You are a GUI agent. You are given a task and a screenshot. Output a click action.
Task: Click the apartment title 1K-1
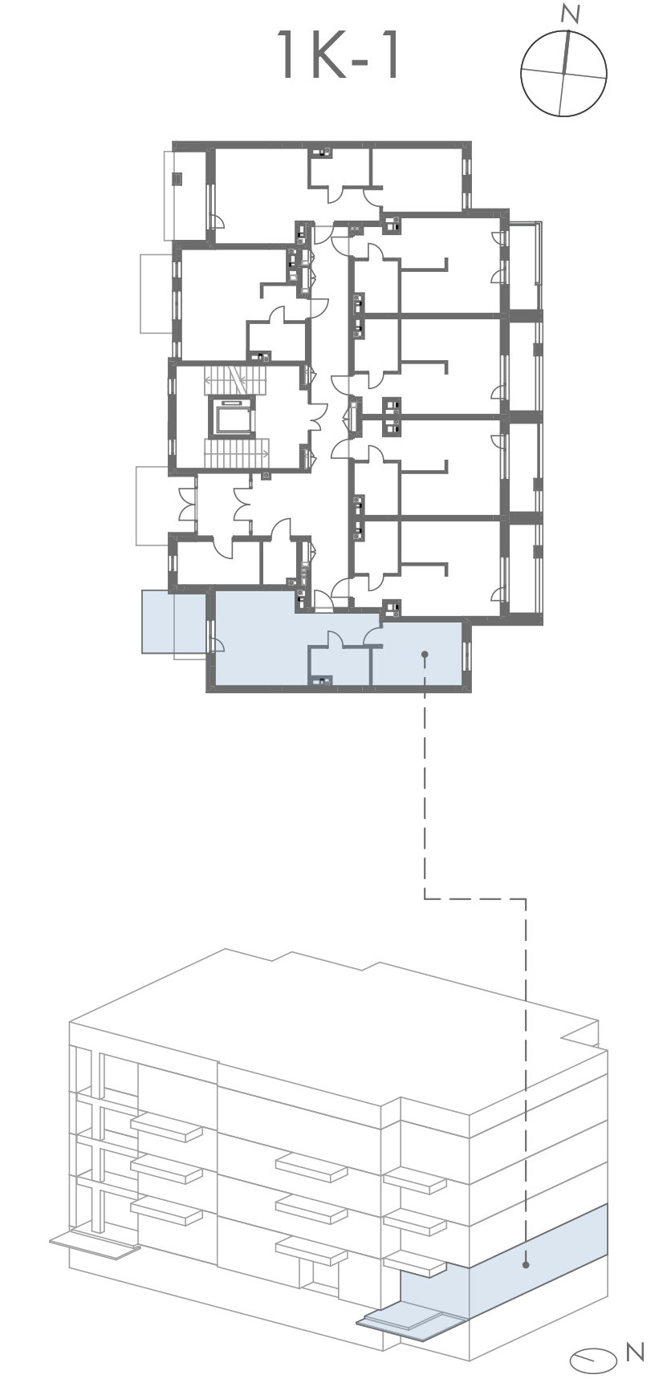pyautogui.click(x=337, y=55)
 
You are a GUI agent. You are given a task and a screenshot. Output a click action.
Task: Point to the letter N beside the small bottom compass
pyautogui.click(x=635, y=1352)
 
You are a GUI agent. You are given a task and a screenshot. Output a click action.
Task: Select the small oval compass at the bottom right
pyautogui.click(x=592, y=1358)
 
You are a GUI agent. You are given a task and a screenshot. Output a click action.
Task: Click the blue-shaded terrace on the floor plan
pyautogui.click(x=173, y=621)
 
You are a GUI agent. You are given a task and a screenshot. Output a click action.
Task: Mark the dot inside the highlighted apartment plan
pyautogui.click(x=425, y=655)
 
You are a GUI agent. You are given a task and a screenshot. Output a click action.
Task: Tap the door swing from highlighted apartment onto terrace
pyautogui.click(x=217, y=641)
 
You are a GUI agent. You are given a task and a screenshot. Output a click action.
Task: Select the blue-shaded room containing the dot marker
pyautogui.click(x=417, y=652)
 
